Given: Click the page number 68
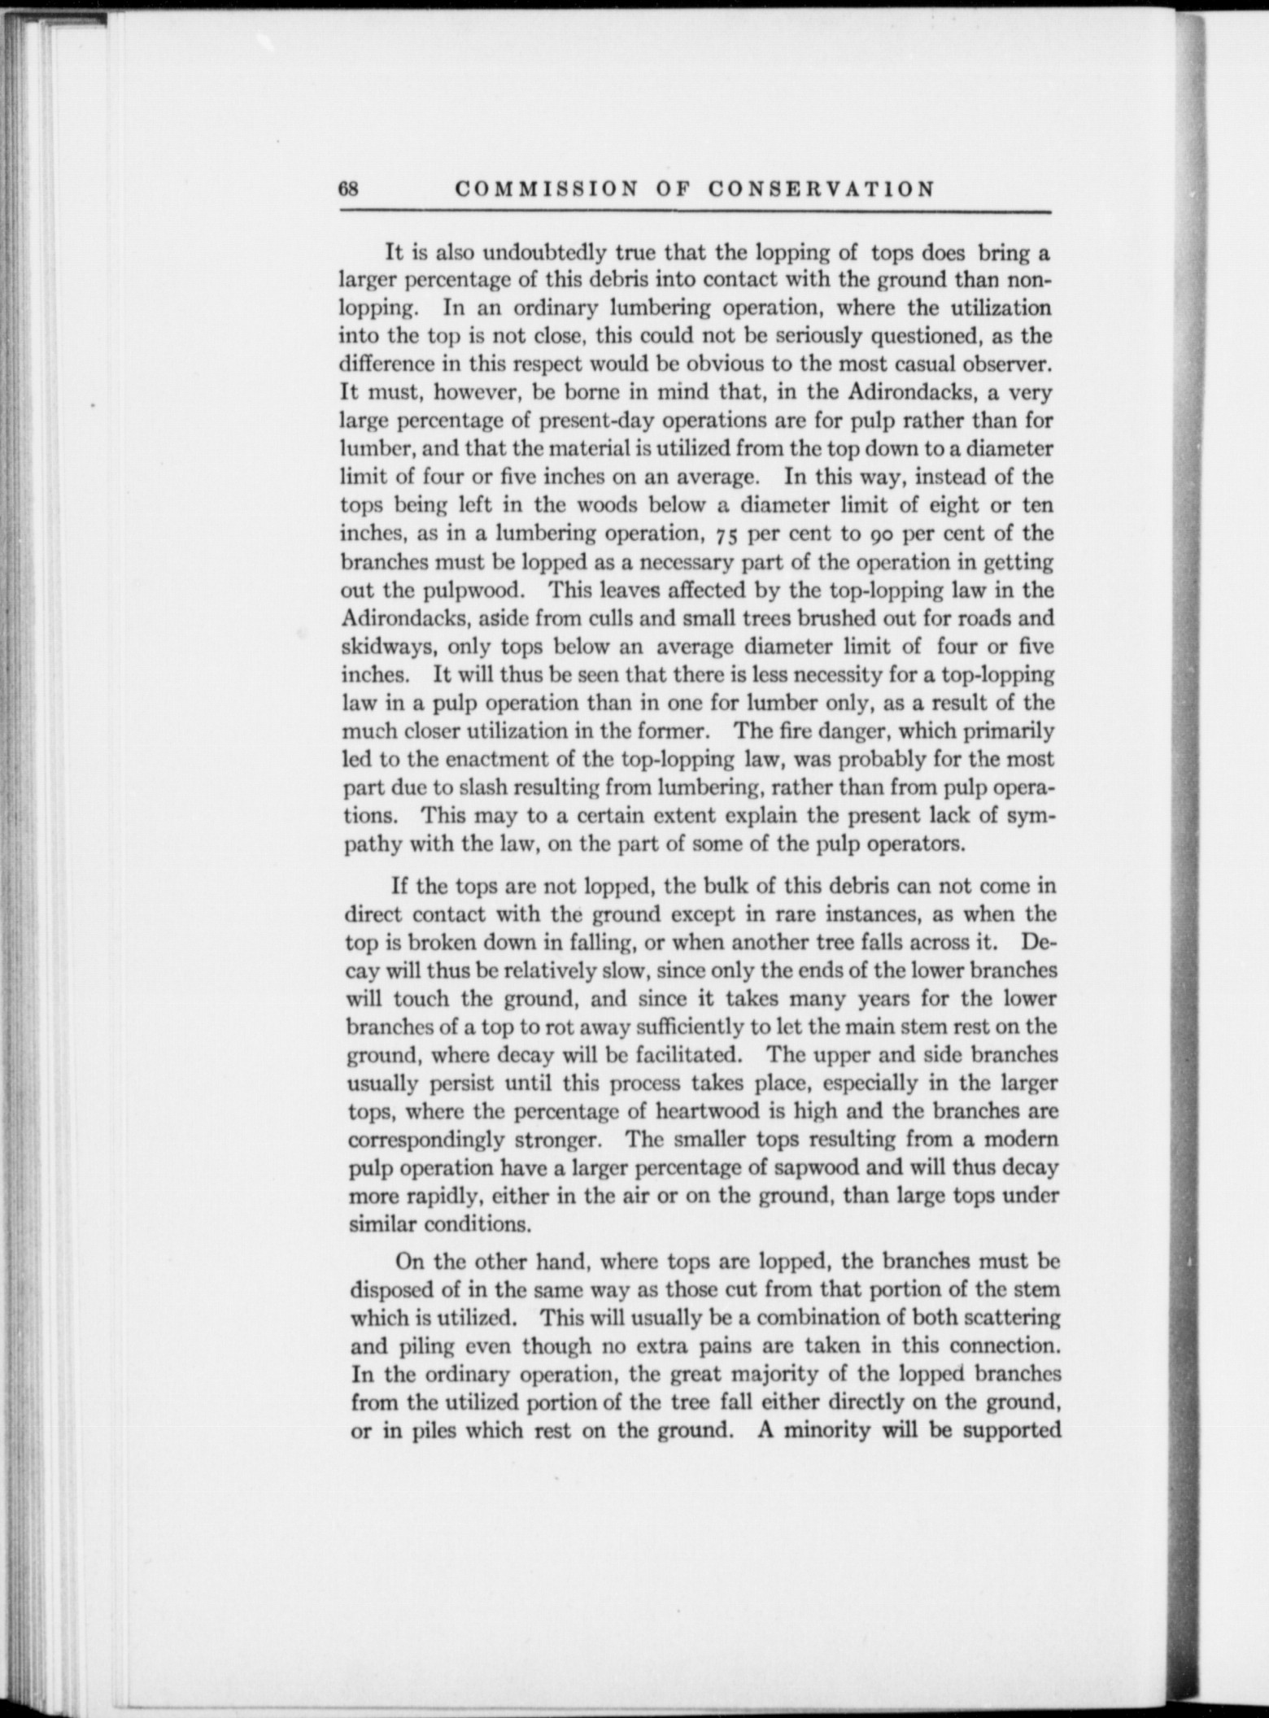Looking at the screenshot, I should [348, 189].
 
